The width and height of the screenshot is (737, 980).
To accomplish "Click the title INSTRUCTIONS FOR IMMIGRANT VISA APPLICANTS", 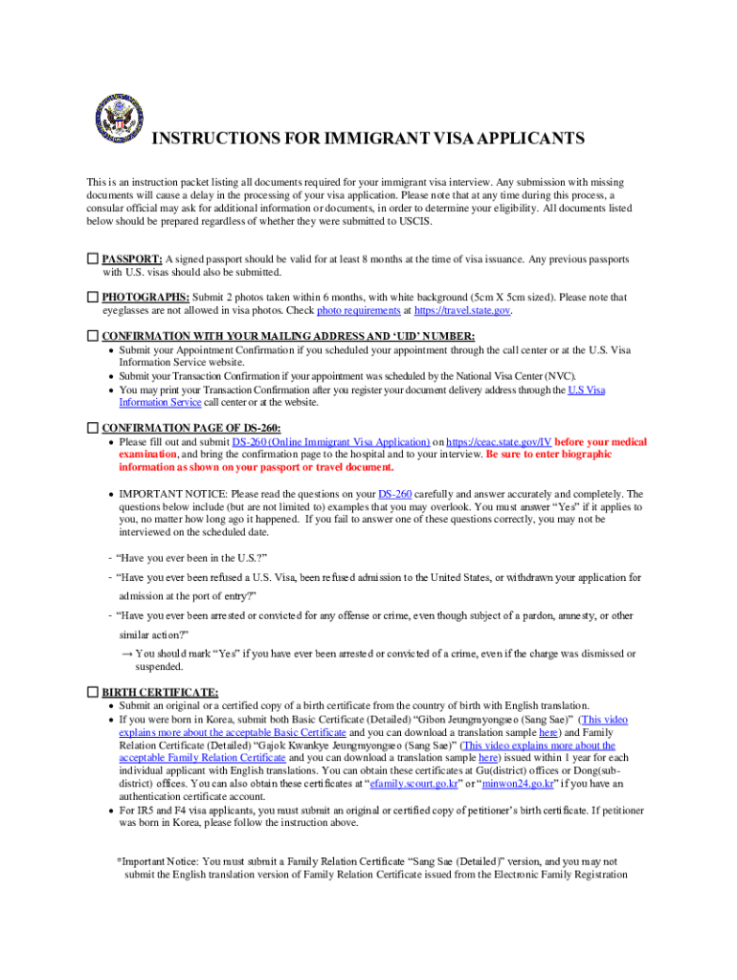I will [x=368, y=140].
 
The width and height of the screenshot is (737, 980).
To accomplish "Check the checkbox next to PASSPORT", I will [x=93, y=259].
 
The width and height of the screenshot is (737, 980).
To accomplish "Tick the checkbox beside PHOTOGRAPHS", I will [x=93, y=298].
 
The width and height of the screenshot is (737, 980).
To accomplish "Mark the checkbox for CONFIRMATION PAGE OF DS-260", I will [x=93, y=427].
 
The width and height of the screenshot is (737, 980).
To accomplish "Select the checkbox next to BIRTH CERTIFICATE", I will [x=93, y=692].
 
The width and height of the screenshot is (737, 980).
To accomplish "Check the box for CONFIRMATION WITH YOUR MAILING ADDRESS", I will [x=93, y=337].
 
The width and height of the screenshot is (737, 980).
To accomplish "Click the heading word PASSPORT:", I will [x=132, y=259].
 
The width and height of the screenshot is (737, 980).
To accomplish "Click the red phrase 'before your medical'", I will [x=601, y=442].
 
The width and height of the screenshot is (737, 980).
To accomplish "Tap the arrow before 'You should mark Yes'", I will [x=126, y=654].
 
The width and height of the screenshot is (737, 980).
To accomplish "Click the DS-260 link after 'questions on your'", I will [x=394, y=494].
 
